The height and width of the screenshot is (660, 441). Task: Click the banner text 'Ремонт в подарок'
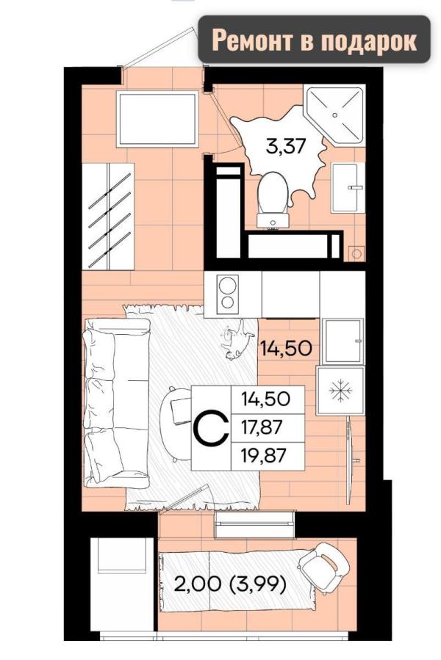pos(314,41)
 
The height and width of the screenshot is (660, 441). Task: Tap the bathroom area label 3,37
pos(285,147)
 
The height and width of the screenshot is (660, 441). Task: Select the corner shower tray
pos(334,115)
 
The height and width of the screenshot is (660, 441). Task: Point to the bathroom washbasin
pos(348,187)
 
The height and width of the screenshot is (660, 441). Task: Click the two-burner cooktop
pos(227,294)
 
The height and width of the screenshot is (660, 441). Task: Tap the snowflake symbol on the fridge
pos(340,391)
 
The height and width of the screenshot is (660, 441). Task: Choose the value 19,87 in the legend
pos(264,456)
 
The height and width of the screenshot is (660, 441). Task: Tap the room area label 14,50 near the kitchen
pos(286,349)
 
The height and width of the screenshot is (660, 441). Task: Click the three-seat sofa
pos(116,403)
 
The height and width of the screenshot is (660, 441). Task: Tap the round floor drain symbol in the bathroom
pos(356,254)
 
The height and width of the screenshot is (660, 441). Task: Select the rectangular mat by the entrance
pos(158,119)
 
